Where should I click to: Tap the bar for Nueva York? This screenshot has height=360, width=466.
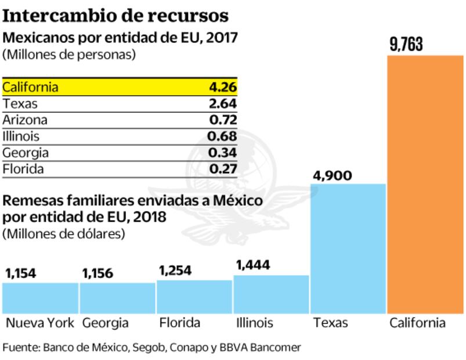click(40, 298)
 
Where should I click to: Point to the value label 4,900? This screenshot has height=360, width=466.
click(332, 175)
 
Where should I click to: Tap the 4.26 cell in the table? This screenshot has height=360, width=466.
click(223, 88)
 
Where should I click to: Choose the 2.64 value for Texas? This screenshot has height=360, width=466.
click(223, 104)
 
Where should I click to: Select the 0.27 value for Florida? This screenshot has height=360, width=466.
click(223, 169)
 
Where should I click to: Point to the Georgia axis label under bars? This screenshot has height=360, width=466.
click(105, 323)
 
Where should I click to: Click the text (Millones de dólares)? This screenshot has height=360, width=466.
click(64, 234)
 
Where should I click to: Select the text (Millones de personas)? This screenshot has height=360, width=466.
click(68, 55)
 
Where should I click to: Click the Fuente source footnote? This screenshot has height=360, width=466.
click(152, 347)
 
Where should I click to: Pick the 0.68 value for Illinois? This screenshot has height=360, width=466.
click(223, 136)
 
